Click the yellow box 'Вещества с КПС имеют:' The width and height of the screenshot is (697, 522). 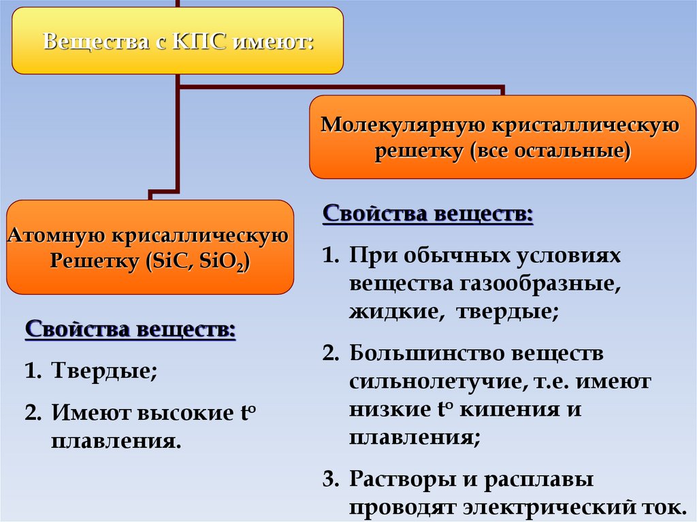pos(178,41)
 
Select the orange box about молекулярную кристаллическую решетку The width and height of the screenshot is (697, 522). pos(502,137)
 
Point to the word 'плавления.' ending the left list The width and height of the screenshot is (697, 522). pos(116,440)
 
